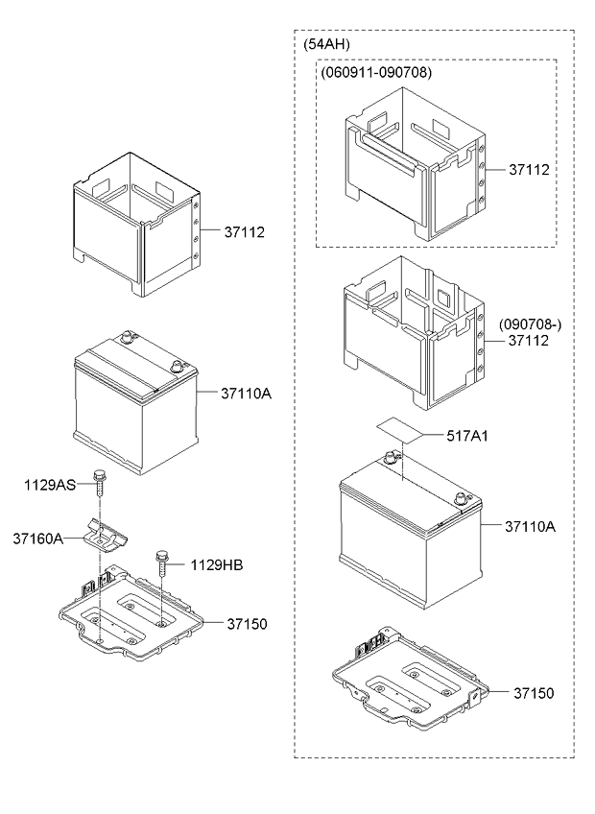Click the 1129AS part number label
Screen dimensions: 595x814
click(x=49, y=485)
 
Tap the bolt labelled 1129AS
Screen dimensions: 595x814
click(x=98, y=482)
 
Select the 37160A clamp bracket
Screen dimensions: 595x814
click(x=107, y=534)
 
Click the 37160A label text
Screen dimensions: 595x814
click(x=37, y=539)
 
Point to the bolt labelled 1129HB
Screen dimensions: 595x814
click(x=162, y=563)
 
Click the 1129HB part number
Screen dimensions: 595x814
click(x=216, y=565)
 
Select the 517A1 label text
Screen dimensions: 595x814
click(x=467, y=436)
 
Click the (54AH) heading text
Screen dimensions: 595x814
click(x=326, y=45)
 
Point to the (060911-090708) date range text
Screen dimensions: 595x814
click(x=376, y=73)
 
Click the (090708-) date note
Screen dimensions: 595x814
click(x=530, y=325)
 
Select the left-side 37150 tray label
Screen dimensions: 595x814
click(x=247, y=624)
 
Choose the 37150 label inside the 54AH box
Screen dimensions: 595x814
click(x=534, y=694)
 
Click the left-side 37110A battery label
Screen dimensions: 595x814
click(x=246, y=394)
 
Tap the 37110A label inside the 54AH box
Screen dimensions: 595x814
click(x=530, y=527)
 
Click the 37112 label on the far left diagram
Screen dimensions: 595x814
click(x=244, y=232)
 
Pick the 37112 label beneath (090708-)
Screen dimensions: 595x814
click(x=528, y=341)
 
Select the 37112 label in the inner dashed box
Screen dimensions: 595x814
click(x=529, y=170)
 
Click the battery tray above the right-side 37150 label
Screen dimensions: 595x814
click(x=410, y=677)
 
